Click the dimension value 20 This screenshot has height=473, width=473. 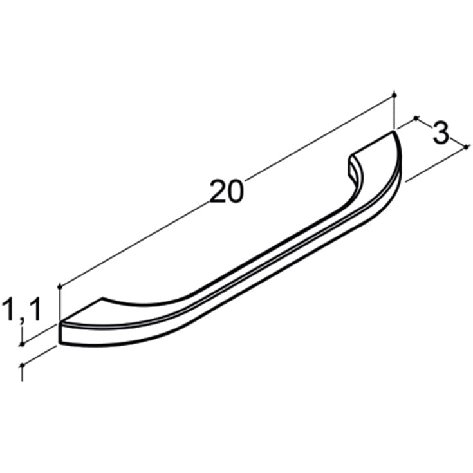227,192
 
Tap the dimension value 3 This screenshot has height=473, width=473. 440,133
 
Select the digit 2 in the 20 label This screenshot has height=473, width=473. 218,192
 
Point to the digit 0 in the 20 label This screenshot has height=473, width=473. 236,192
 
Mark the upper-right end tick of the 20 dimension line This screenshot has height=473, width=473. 394,96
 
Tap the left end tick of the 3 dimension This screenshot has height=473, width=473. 416,118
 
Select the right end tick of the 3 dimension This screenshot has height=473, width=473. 467,147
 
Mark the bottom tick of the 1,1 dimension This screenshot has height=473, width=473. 23,365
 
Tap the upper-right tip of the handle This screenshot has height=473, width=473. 393,133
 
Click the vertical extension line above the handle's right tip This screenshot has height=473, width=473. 394,113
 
